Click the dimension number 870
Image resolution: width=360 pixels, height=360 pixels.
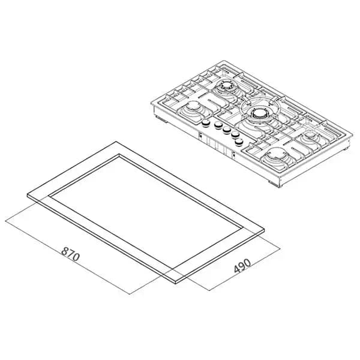pos(70,254)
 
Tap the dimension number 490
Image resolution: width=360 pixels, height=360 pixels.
pos(242,266)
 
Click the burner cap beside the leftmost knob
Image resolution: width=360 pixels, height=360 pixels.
pos(193,107)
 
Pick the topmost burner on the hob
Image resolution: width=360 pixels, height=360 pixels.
pos(225,86)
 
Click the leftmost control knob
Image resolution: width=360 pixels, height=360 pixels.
pos(206,123)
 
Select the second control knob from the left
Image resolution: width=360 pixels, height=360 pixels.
pos(218,125)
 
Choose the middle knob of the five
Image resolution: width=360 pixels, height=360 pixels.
pos(227,130)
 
